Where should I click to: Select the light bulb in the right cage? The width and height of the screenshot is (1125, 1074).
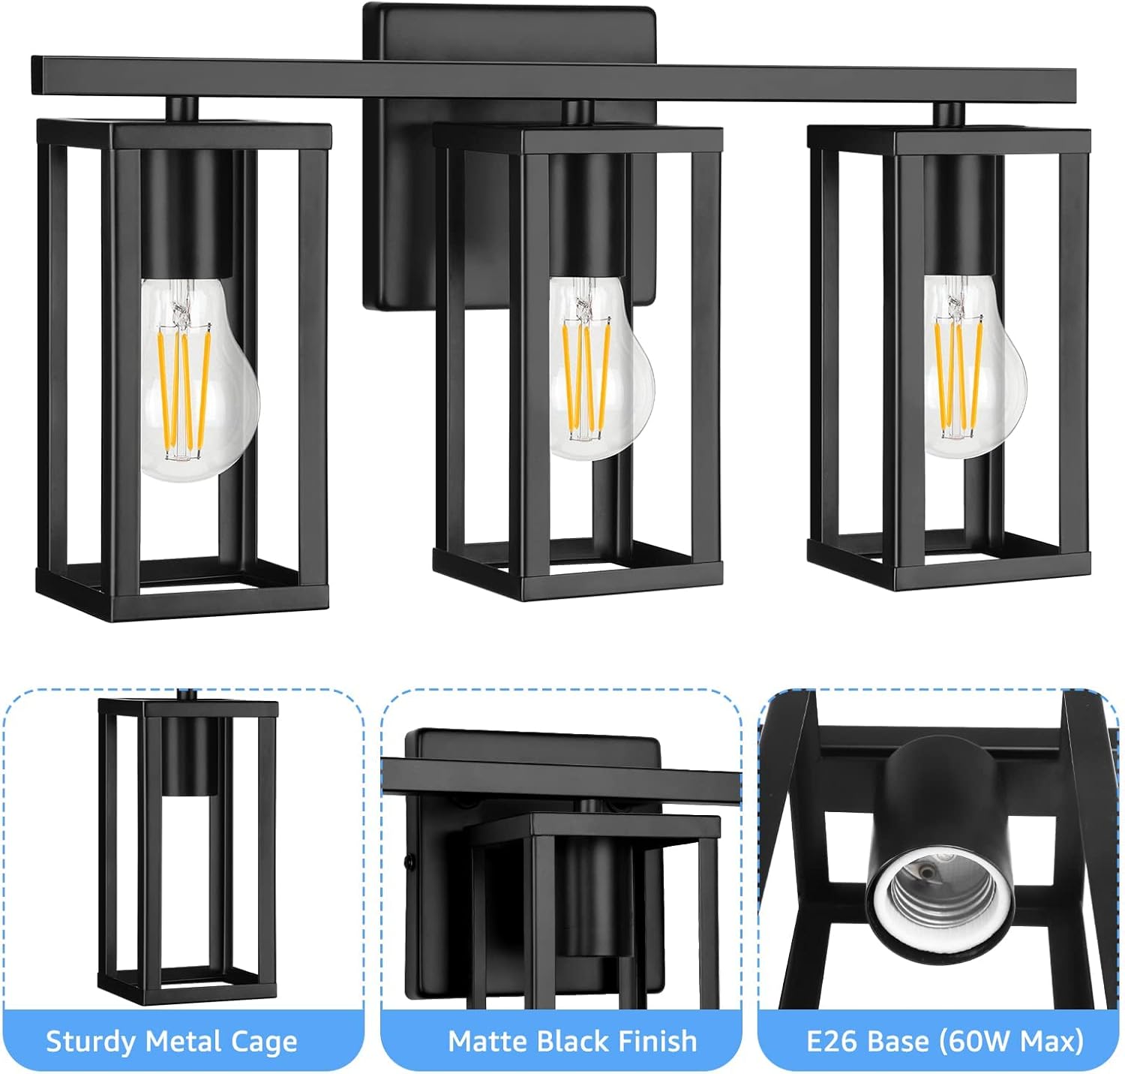[x=972, y=368]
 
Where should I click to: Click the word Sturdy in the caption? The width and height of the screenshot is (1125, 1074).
[x=91, y=1042]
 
